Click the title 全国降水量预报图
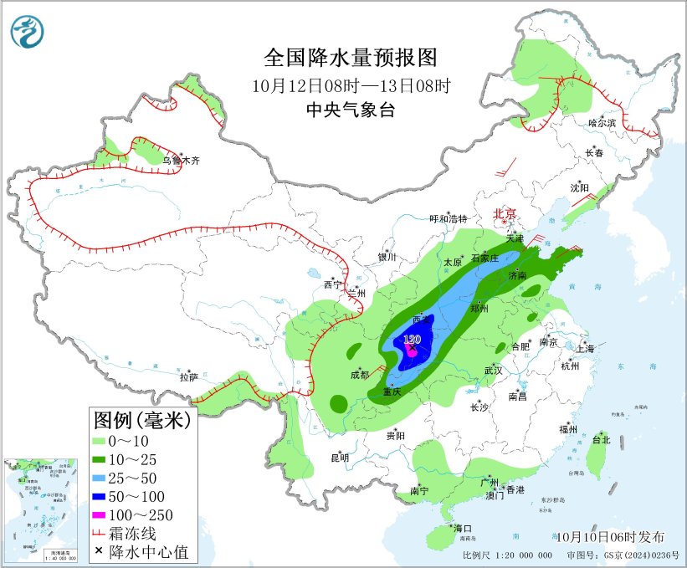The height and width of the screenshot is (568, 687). pos(351,58)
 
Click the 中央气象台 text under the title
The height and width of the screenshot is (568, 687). pos(351,110)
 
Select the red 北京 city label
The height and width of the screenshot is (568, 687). pos(505,214)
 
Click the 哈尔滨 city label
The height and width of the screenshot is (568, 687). pos(602,122)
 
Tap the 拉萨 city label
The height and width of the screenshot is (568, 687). pos(187,378)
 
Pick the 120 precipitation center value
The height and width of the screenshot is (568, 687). pos(412,340)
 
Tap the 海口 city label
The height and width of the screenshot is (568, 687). pos(464,529)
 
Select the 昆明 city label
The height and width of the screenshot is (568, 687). pos(340,458)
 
